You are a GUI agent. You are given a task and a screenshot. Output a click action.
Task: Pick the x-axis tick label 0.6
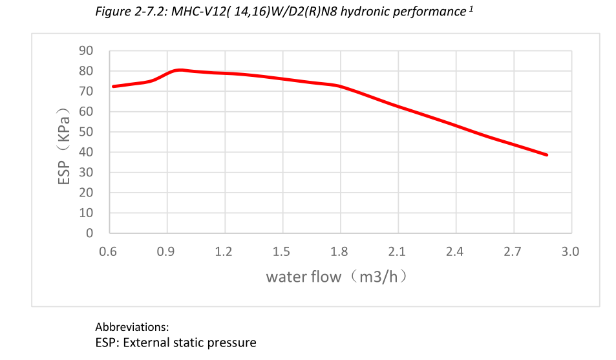click(109, 251)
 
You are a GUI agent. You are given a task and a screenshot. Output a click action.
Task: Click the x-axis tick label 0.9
click(167, 251)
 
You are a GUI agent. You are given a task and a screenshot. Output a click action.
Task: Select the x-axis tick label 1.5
click(282, 251)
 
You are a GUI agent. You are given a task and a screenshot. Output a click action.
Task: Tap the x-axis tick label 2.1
click(397, 251)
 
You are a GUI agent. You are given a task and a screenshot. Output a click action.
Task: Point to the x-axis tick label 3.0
click(569, 251)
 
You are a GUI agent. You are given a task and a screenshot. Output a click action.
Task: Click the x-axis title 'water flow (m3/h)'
click(339, 277)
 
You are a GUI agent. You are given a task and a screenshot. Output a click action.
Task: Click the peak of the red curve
click(180, 69)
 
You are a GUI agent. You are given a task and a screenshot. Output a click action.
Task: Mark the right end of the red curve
click(547, 155)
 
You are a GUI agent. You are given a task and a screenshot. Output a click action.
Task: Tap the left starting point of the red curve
click(113, 86)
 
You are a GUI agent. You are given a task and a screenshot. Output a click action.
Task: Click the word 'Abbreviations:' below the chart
click(132, 327)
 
